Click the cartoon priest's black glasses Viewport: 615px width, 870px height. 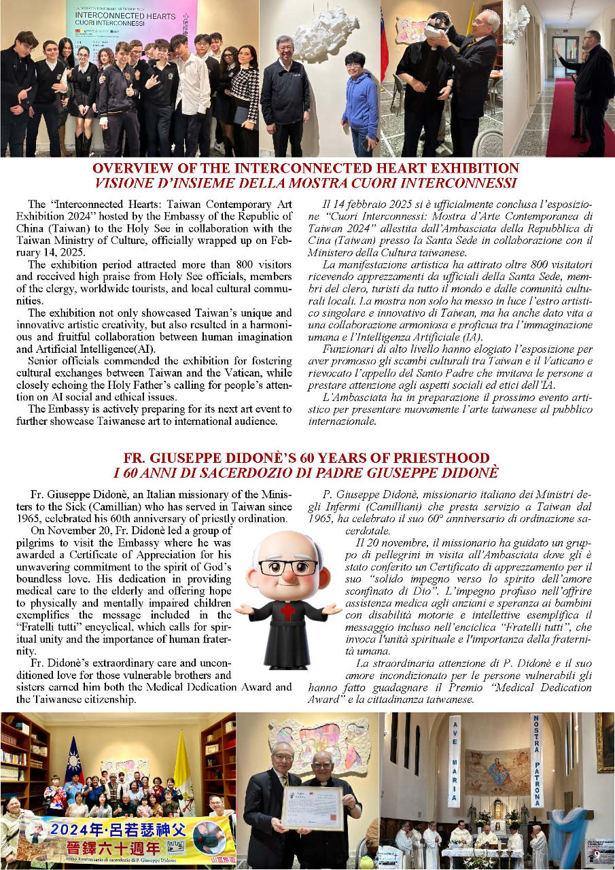click(287, 565)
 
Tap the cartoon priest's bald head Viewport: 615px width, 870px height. click(287, 544)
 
